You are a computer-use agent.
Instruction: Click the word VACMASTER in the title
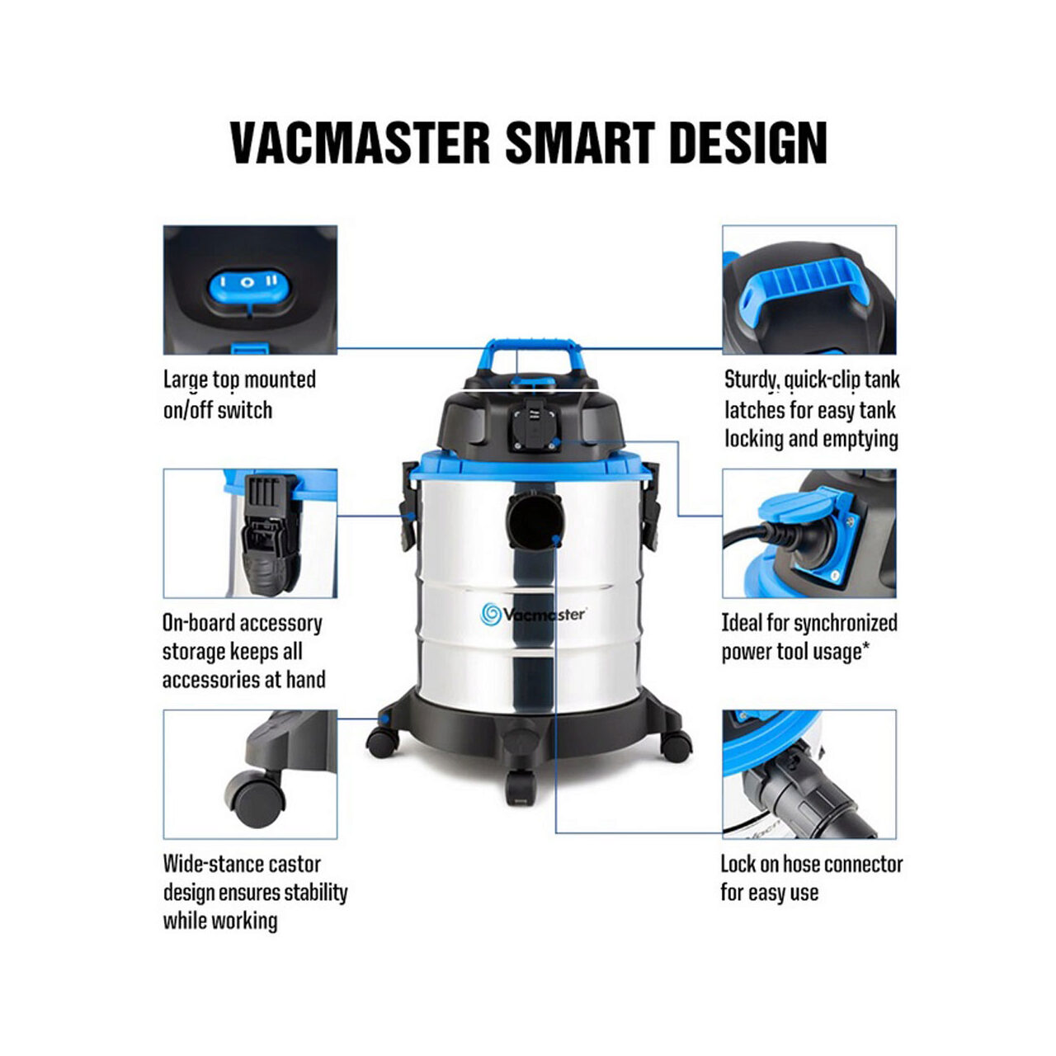[360, 143]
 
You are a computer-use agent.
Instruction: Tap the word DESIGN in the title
[748, 143]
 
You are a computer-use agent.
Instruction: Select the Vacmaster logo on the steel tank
[533, 614]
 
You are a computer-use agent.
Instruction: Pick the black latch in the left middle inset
[269, 535]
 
